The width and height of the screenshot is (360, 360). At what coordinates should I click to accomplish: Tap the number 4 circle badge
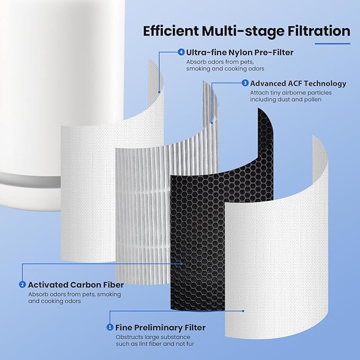(181, 52)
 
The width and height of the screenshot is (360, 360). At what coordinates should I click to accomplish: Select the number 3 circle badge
(244, 83)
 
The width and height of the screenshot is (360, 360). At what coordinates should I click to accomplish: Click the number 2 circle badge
(22, 285)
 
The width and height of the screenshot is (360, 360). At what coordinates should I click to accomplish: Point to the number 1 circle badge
(110, 328)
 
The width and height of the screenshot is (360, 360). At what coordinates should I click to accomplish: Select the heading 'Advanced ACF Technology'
(298, 83)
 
